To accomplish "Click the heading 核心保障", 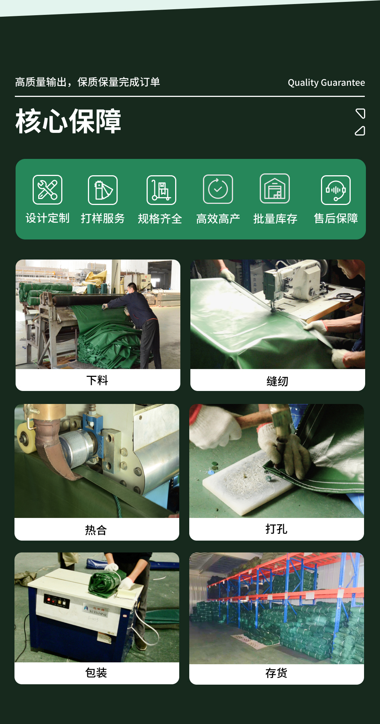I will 68,121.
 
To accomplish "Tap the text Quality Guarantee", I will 326,82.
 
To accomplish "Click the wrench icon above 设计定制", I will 47,190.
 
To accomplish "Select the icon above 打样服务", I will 103,190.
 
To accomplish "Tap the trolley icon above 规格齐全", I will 161,190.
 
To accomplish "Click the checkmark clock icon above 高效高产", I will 218,189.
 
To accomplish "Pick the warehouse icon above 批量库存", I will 275,189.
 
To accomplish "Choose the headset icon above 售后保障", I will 335,190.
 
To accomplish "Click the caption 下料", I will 97,380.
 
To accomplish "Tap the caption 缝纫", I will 277,381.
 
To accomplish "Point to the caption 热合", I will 96,530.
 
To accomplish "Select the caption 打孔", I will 276,529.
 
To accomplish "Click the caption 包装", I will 96,672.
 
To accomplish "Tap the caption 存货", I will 276,673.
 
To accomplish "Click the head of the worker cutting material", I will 132,288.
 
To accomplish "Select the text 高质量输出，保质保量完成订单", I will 88,82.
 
